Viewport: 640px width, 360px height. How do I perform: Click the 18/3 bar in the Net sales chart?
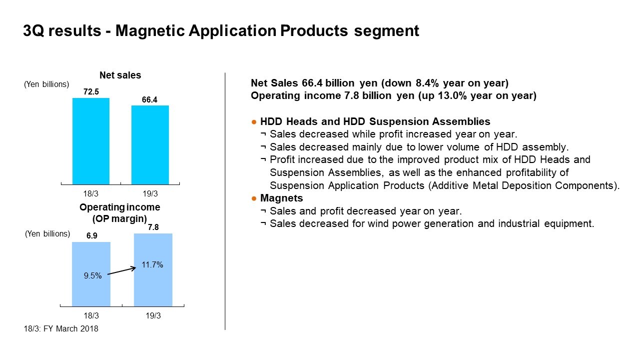coord(91,141)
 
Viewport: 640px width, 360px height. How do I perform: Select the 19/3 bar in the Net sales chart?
coord(150,145)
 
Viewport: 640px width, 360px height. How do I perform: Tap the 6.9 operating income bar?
coord(91,274)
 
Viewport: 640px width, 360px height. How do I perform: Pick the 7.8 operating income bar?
coord(153,270)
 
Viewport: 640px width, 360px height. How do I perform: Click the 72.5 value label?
coord(91,92)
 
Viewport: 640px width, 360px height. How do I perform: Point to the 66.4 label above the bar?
coord(150,100)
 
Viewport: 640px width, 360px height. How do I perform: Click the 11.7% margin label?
coord(152,265)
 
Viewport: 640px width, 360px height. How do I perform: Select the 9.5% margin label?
coord(92,275)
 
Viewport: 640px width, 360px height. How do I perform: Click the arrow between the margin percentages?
coord(122,271)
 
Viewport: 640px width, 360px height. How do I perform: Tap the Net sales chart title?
coord(120,75)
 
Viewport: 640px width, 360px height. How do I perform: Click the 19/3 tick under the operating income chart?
coord(153,315)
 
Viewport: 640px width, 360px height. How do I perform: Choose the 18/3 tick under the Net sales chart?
coord(90,194)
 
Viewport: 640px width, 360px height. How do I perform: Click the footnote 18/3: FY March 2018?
coord(61,329)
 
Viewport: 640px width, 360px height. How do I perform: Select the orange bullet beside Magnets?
coord(254,198)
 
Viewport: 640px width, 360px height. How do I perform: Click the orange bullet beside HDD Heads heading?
coord(254,122)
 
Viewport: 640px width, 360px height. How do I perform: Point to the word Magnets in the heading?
coord(281,198)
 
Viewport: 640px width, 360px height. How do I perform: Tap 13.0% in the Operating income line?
coord(452,95)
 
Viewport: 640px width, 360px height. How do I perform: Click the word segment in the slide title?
coord(387,31)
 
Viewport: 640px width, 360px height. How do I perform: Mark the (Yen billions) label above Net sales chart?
coord(46,84)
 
